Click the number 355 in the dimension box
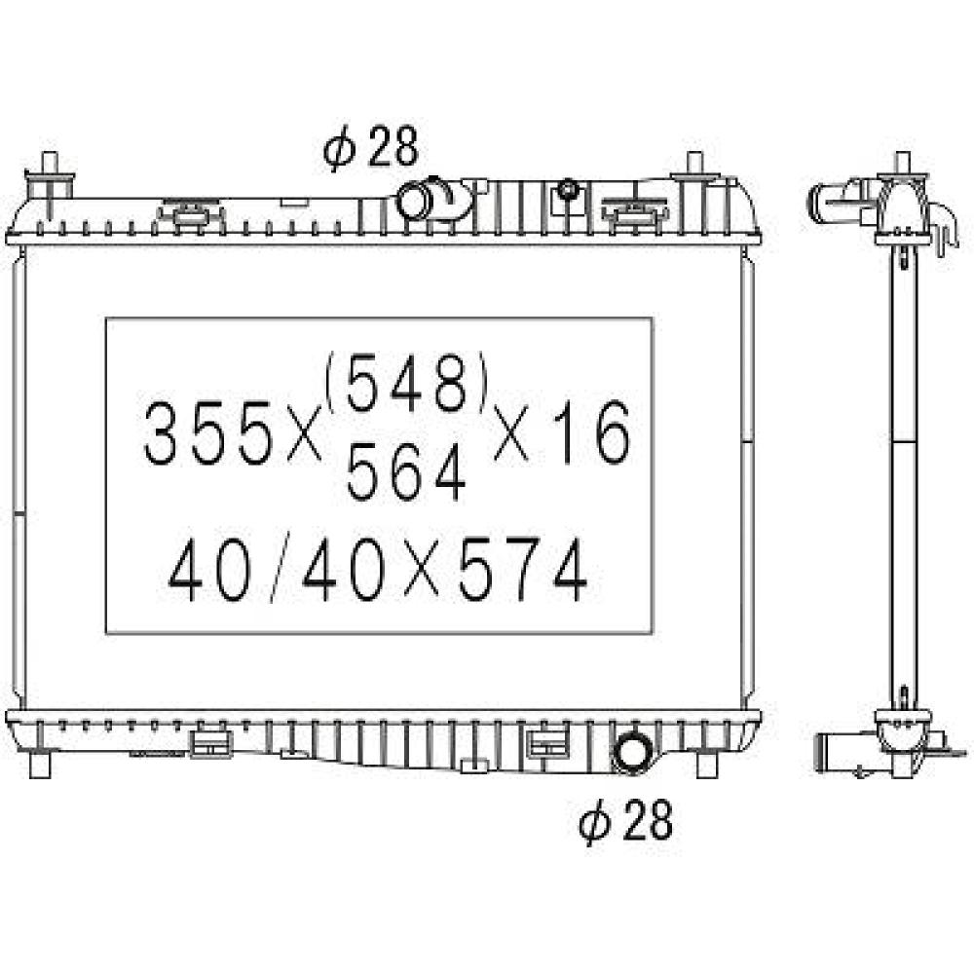click(x=208, y=433)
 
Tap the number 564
click(x=405, y=472)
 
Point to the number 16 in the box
click(x=592, y=433)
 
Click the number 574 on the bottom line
click(x=522, y=570)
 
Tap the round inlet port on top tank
click(x=413, y=200)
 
